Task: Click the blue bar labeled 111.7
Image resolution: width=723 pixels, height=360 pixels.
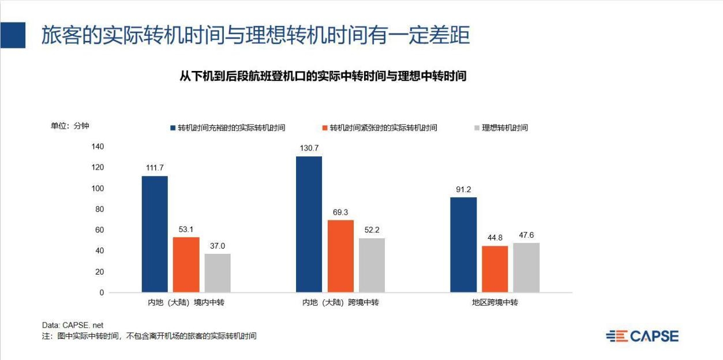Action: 155,234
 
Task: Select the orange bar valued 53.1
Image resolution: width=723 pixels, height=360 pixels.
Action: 186,265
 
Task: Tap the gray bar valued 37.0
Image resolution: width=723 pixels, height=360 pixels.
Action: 217,273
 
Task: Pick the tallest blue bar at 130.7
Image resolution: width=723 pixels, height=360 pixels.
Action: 309,224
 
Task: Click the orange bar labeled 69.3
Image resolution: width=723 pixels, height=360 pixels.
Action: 340,256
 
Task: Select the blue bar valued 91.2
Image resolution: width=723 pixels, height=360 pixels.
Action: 463,245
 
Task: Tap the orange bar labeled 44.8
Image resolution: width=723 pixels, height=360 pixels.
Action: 495,269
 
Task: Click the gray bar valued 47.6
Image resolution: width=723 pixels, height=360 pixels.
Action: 526,268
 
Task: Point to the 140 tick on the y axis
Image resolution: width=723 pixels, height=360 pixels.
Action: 98,147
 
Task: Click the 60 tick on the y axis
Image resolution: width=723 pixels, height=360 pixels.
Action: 99,230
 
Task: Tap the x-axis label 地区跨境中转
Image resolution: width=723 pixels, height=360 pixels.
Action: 495,302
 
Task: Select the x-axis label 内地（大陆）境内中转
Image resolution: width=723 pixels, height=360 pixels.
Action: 186,302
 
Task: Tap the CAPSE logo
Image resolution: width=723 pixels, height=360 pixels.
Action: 642,336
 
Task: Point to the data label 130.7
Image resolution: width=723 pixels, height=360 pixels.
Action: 309,148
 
